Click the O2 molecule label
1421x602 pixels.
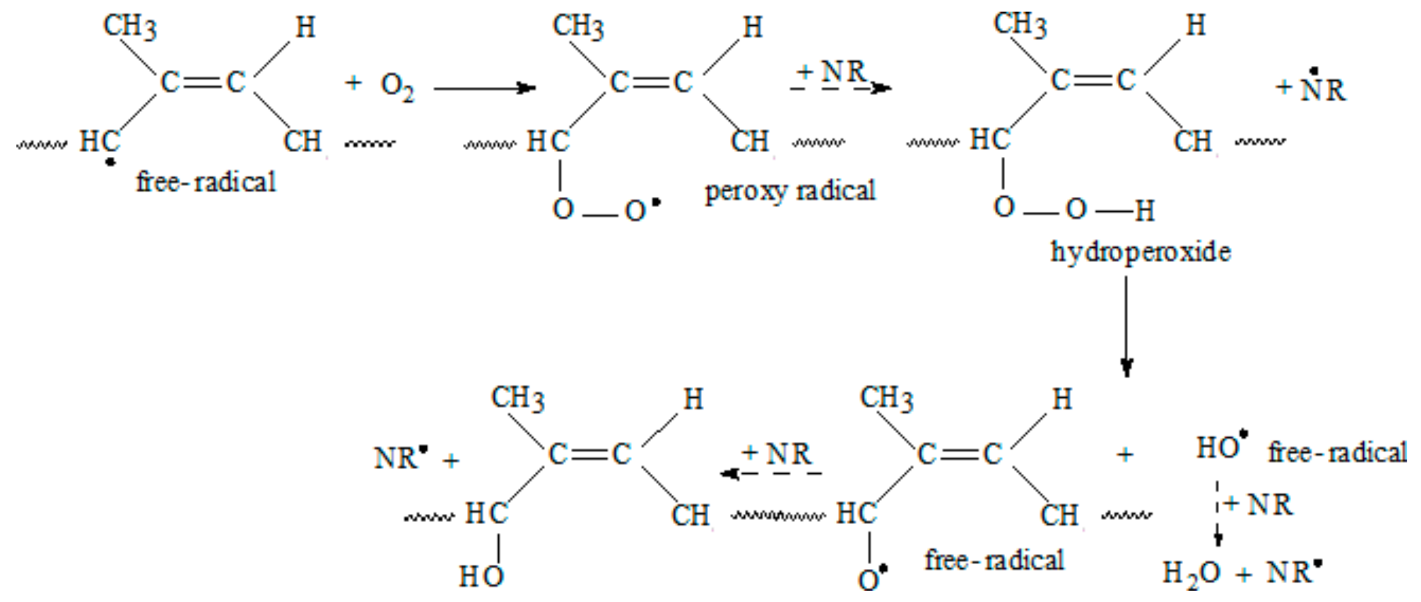coord(398,88)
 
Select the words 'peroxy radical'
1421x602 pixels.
coord(789,191)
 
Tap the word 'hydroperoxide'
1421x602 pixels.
coord(1141,252)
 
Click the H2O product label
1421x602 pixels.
coord(1192,573)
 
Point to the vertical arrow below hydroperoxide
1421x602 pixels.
coord(1126,326)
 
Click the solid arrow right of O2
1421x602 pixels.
coord(484,88)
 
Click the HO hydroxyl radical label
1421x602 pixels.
coord(1218,448)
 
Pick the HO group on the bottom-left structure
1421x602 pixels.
coord(481,576)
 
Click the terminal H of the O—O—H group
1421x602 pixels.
coord(1145,211)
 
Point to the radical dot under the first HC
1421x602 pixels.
coord(110,163)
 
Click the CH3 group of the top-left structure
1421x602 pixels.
coord(129,26)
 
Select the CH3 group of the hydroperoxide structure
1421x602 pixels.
coord(1020,25)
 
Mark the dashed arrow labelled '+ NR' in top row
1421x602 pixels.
coord(840,88)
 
